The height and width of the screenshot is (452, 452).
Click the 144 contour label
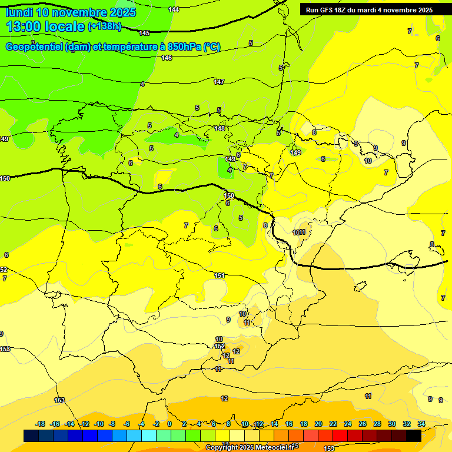(x=174, y=9)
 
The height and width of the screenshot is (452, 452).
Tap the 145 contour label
(x=144, y=33)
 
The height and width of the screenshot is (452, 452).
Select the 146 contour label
(x=167, y=58)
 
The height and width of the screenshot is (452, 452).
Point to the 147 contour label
(x=219, y=82)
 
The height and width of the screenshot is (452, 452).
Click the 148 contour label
(x=220, y=128)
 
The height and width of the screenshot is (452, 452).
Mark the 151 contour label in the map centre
(x=220, y=275)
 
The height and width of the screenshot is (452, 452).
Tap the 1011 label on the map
(x=299, y=232)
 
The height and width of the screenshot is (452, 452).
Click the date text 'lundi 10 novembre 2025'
(x=71, y=12)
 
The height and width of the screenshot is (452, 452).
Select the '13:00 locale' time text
(x=45, y=26)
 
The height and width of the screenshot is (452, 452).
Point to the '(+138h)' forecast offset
(x=104, y=26)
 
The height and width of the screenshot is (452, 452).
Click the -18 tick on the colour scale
(x=41, y=424)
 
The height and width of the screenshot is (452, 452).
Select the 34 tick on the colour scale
(x=421, y=424)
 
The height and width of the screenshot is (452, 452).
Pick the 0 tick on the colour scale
(x=169, y=424)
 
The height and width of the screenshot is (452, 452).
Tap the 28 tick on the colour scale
(x=377, y=424)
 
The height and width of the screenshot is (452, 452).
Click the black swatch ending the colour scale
(x=414, y=436)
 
